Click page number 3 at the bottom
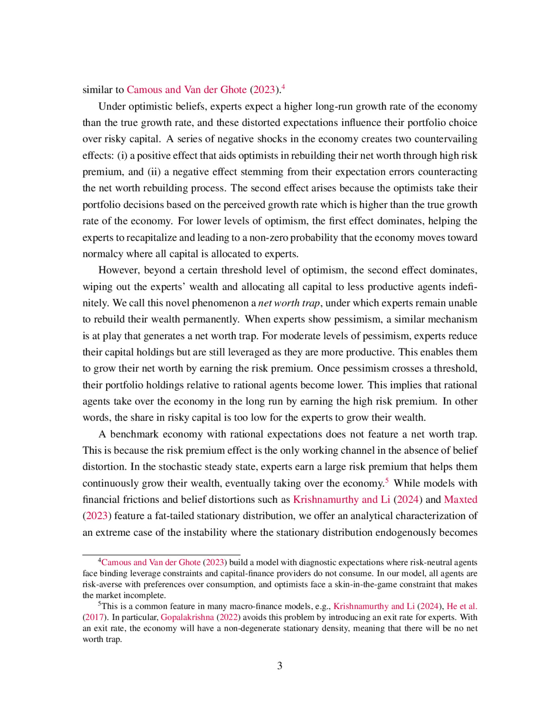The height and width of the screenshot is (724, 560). tap(279, 666)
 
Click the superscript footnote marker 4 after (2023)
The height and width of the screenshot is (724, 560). tap(283, 86)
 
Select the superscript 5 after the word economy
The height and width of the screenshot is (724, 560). tap(387, 480)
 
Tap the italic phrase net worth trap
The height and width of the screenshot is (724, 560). tap(289, 303)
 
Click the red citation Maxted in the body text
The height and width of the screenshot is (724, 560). tap(461, 500)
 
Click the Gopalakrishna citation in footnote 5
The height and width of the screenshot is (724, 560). tap(187, 617)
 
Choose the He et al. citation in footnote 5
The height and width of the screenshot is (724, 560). tap(462, 607)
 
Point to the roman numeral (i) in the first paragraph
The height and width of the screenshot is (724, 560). tap(122, 156)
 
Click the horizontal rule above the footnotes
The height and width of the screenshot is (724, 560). tap(161, 555)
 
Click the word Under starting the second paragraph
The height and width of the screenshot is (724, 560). tap(112, 107)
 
